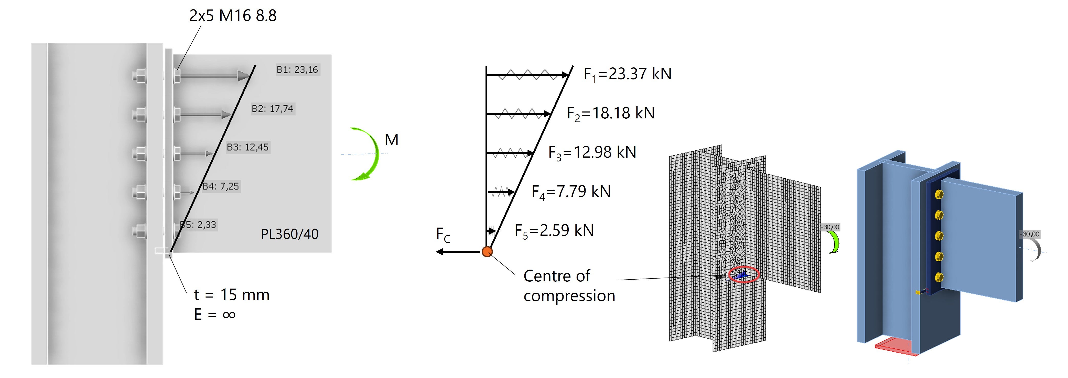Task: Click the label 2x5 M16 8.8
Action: click(x=233, y=16)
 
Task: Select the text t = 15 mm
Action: click(x=231, y=295)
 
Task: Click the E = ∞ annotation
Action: click(x=214, y=314)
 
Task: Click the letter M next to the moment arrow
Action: click(x=391, y=140)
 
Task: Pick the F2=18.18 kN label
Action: click(x=610, y=113)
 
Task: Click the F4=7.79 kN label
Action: click(x=571, y=191)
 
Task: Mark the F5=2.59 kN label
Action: click(x=554, y=230)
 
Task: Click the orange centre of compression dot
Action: click(x=487, y=251)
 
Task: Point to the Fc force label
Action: click(x=443, y=235)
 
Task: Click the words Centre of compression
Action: click(x=569, y=285)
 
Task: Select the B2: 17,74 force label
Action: click(x=272, y=108)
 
